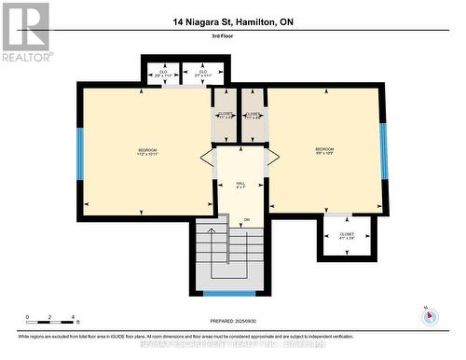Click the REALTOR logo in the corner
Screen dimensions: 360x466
point(25,31)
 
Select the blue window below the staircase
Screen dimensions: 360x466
point(229,293)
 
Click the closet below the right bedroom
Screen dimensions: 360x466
point(347,236)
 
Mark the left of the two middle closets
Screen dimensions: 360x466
point(226,115)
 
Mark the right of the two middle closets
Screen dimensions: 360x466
point(254,115)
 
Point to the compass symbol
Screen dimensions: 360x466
point(429,315)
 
